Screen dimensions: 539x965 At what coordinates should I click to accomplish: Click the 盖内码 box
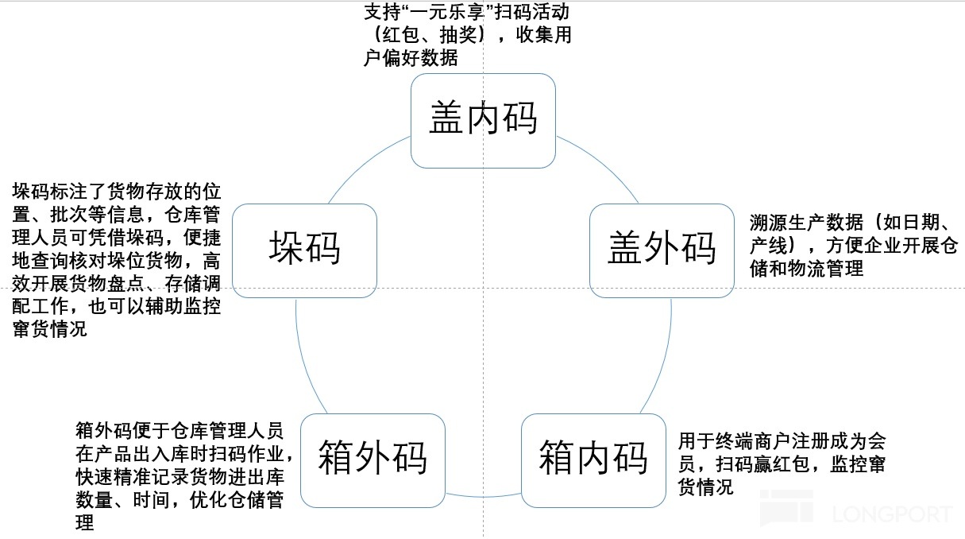[x=483, y=120]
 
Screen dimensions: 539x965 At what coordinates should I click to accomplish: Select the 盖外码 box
[x=662, y=250]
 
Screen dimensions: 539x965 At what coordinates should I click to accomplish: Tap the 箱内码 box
[x=593, y=460]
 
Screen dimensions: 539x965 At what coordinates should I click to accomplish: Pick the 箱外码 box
[x=373, y=460]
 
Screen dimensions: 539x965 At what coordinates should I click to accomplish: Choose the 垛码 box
[x=304, y=250]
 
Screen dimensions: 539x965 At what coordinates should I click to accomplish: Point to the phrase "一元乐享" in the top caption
[x=445, y=14]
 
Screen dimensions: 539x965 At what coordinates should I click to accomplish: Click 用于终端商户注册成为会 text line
[x=782, y=440]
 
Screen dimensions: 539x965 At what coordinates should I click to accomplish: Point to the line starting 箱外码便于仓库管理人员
[x=179, y=431]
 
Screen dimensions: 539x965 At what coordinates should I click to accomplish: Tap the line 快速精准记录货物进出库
[x=179, y=477]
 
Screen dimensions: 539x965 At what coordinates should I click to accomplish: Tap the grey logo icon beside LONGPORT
[x=786, y=510]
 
